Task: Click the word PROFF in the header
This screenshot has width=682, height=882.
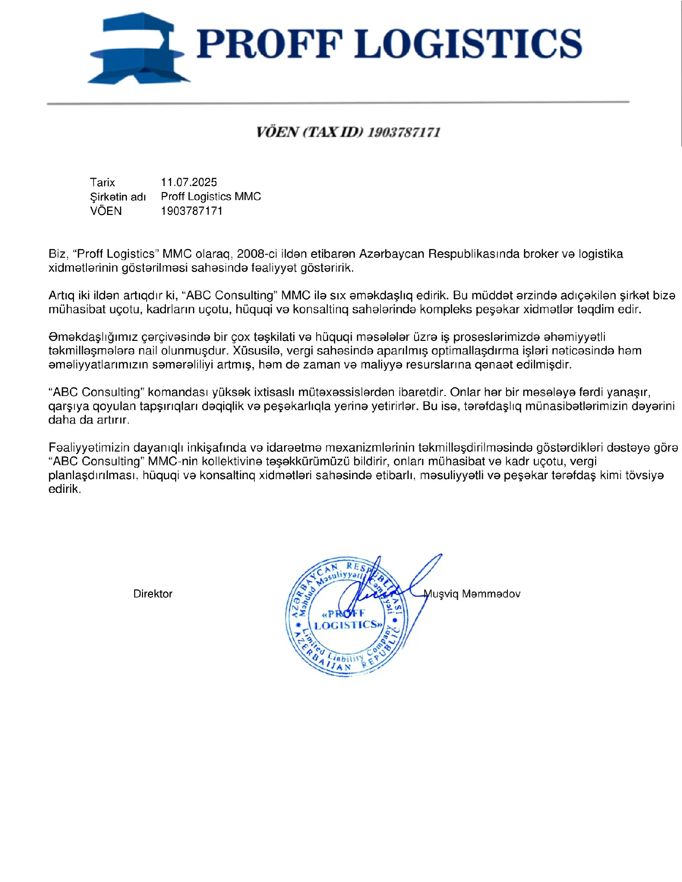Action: [x=270, y=44]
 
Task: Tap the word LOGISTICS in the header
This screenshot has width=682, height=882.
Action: [x=469, y=44]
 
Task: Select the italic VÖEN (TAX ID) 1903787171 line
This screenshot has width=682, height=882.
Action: [x=348, y=132]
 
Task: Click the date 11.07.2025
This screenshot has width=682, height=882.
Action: [x=188, y=182]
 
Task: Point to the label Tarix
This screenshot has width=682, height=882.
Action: [x=102, y=182]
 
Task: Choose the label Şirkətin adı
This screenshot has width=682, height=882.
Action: [x=118, y=197]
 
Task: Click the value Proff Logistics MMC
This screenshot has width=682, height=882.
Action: [x=210, y=197]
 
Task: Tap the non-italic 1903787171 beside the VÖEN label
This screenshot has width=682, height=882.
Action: [x=191, y=211]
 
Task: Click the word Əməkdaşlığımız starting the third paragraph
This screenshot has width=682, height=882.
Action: [x=93, y=337]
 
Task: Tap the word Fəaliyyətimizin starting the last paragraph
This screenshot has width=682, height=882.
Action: [x=89, y=447]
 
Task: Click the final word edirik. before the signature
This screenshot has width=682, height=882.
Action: [x=64, y=489]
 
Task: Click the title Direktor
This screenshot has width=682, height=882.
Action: [x=153, y=594]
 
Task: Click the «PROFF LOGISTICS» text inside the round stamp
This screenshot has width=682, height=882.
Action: [x=347, y=620]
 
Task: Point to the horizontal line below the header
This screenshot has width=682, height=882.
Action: [x=338, y=103]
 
